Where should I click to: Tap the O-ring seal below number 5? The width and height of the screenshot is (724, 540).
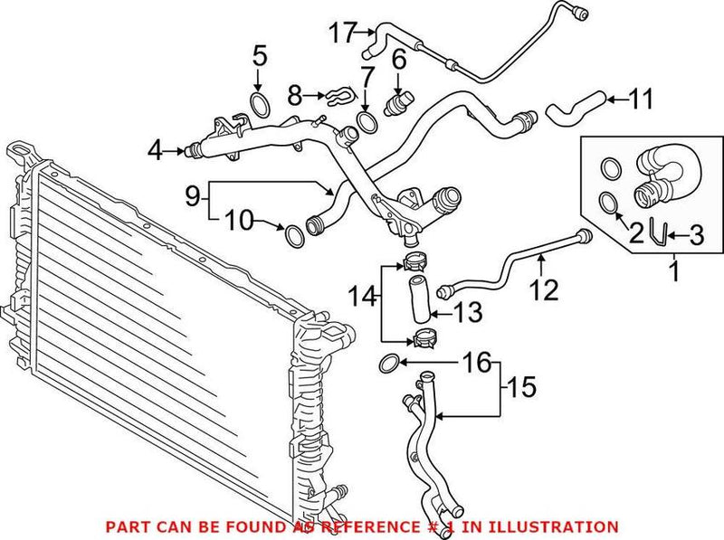pyautogui.click(x=258, y=104)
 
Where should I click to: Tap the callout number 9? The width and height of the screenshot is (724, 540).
pyautogui.click(x=191, y=193)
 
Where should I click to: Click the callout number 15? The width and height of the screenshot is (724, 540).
pyautogui.click(x=521, y=388)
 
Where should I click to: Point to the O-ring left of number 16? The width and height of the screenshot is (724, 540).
pyautogui.click(x=387, y=365)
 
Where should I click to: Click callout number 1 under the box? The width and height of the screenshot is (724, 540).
pyautogui.click(x=674, y=270)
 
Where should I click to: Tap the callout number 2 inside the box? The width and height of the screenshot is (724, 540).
pyautogui.click(x=636, y=233)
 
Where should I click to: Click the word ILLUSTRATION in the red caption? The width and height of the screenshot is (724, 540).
pyautogui.click(x=560, y=526)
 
